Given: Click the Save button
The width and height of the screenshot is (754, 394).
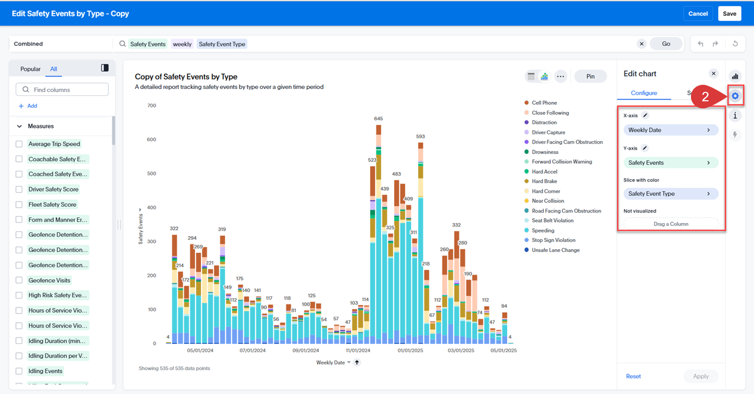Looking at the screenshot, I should click(729, 14).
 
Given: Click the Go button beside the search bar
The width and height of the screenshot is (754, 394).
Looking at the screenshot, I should click(666, 44).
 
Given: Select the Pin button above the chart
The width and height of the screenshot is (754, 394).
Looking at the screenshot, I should click(590, 77).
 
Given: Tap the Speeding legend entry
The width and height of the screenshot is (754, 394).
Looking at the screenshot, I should click(543, 230).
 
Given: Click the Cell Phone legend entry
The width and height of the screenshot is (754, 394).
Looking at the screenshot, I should click(544, 103).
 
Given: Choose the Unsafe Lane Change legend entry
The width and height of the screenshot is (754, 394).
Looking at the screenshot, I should click(555, 250).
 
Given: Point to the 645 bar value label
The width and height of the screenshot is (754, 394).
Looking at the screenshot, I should click(378, 119).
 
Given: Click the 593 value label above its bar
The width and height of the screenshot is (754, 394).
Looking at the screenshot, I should click(420, 137).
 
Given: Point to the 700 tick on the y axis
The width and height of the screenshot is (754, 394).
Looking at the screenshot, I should click(151, 106).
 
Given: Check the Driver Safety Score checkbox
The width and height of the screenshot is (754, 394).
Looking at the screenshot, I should click(19, 189).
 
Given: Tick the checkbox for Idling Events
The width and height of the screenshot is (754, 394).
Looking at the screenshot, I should click(19, 371).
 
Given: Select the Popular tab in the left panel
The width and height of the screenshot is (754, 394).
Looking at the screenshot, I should click(31, 69).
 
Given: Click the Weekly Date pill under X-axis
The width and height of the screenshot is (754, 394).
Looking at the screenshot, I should click(670, 130).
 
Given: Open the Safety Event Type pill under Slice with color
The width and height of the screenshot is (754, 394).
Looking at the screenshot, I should click(670, 194).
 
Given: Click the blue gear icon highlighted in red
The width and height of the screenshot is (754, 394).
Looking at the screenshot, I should click(735, 95).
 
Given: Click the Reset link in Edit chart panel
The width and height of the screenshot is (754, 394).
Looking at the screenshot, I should click(633, 376).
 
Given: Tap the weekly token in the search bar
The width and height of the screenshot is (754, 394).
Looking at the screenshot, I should click(182, 44).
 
